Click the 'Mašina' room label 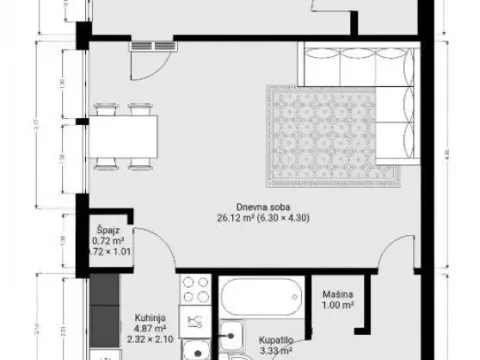pyautogui.click(x=335, y=295)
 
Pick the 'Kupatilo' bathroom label pyautogui.click(x=265, y=339)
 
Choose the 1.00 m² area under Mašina pyautogui.click(x=335, y=306)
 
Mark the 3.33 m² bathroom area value pyautogui.click(x=265, y=350)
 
